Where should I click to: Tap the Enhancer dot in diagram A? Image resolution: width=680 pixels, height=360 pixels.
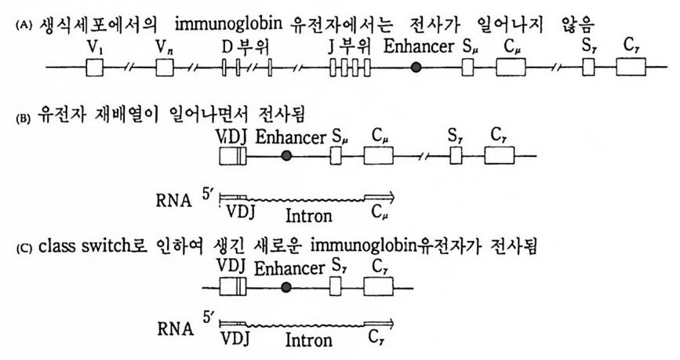point(416,68)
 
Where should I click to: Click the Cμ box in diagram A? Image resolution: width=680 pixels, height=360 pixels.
point(511,68)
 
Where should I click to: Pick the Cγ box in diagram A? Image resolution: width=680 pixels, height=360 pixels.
point(631,68)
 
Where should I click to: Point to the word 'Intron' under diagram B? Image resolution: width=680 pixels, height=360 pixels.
point(308,214)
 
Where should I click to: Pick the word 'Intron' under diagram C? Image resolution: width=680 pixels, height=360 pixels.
point(308,341)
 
